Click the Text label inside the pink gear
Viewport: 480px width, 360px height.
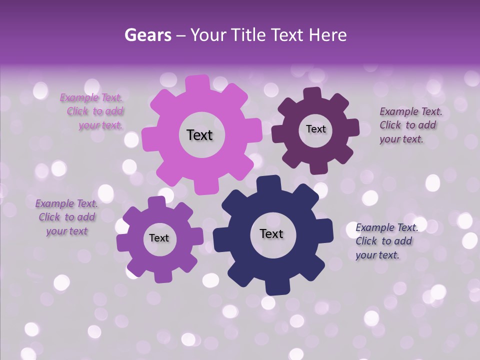[x=199, y=135]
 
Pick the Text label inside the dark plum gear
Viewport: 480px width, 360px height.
[x=315, y=129]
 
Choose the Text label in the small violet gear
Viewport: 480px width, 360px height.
[x=159, y=238]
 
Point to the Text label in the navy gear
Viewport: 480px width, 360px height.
[x=271, y=233]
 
